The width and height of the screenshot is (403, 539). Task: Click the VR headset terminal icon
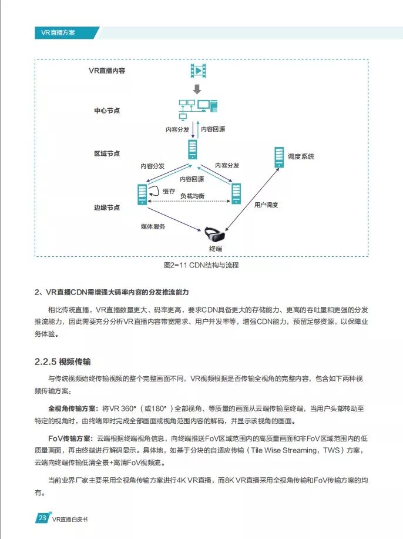(x=214, y=236)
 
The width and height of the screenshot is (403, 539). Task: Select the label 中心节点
(x=107, y=111)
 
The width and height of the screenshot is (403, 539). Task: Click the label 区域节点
(x=107, y=153)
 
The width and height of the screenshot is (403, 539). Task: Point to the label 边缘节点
(x=107, y=207)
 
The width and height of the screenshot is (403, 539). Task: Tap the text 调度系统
(x=301, y=157)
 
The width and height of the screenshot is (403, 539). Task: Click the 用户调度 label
(x=266, y=205)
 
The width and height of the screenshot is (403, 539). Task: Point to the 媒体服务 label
(x=153, y=226)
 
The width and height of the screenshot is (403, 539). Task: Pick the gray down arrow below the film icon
(x=197, y=89)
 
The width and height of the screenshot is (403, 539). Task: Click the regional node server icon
(x=192, y=149)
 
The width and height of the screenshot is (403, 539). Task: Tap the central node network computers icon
(x=199, y=109)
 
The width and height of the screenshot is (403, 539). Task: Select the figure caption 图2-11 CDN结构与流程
(x=201, y=265)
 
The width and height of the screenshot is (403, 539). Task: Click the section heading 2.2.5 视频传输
(x=63, y=360)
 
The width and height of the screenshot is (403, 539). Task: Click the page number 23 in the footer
(x=42, y=518)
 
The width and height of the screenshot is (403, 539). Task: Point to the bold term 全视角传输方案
(x=73, y=407)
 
